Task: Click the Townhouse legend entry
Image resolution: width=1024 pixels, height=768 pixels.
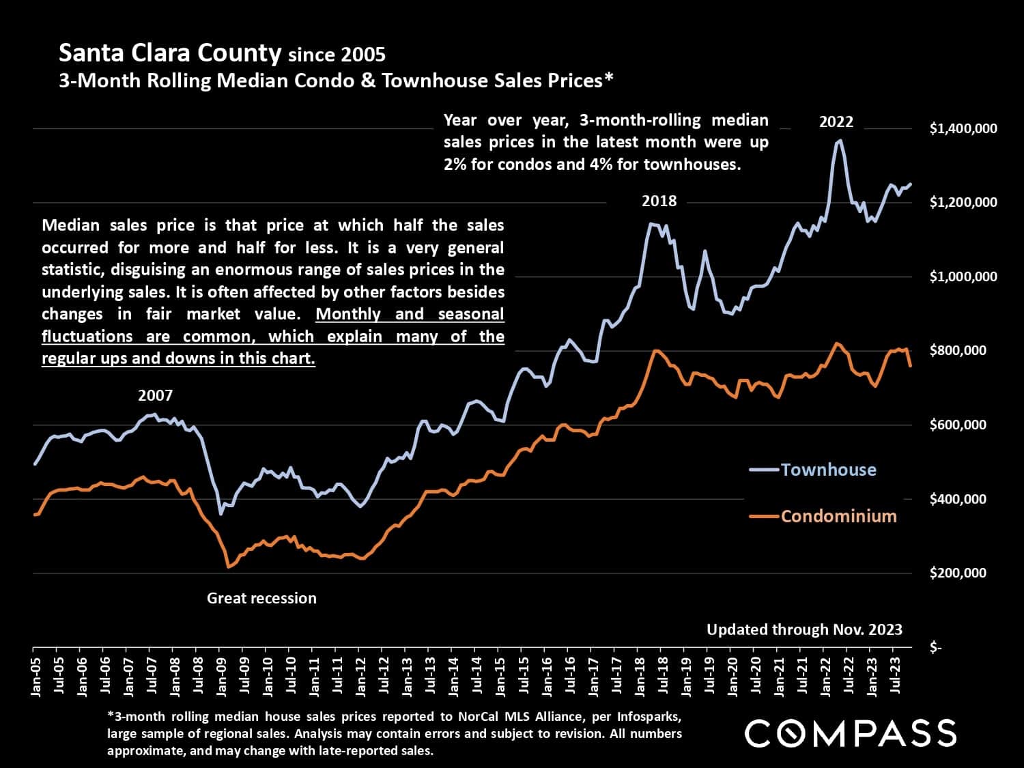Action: (x=827, y=470)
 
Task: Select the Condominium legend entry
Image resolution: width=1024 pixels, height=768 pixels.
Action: (x=838, y=516)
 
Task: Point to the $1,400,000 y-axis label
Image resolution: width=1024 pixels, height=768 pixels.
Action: (x=963, y=128)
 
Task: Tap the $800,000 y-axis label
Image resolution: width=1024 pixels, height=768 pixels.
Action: (x=958, y=351)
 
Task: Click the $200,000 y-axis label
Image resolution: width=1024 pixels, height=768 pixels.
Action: (x=958, y=573)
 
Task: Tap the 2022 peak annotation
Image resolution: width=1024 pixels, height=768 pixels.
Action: (x=836, y=122)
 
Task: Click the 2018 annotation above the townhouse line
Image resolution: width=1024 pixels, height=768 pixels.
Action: (x=659, y=201)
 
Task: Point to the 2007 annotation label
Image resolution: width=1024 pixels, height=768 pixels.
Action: (x=155, y=395)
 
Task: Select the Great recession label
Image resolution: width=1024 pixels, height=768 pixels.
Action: (x=261, y=598)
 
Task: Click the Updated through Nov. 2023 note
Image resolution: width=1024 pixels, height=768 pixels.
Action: (x=804, y=629)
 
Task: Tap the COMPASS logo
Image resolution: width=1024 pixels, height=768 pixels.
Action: (x=850, y=733)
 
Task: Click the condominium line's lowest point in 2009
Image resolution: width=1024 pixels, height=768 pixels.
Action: (x=229, y=567)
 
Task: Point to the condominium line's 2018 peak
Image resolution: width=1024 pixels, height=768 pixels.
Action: (x=656, y=351)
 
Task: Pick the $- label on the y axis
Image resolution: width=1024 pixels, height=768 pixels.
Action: (x=936, y=647)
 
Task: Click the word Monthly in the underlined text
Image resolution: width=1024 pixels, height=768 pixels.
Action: (x=348, y=314)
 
